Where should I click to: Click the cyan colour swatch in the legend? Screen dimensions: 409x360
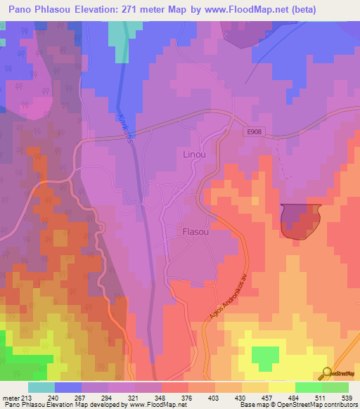pos(41,387)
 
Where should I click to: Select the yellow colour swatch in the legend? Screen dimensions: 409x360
pos(282,387)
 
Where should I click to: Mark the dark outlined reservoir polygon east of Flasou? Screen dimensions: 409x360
pos(300,221)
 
